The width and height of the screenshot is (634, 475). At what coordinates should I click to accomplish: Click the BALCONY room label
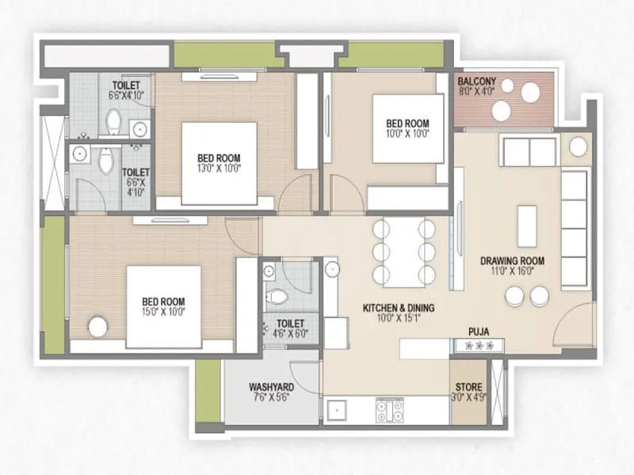477,82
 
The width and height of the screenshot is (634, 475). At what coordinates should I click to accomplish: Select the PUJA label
477,333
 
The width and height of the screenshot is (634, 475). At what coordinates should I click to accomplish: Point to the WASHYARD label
272,387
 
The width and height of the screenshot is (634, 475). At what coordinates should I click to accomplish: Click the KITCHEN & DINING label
399,308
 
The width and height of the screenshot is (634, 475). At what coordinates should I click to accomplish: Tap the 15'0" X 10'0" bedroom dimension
163,313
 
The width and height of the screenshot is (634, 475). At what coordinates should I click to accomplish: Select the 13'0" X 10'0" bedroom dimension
219,168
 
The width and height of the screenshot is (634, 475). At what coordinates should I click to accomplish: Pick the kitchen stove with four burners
389,410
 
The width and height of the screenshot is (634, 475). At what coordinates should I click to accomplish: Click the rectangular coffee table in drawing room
527,226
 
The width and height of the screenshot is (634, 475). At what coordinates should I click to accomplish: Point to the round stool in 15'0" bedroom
97,326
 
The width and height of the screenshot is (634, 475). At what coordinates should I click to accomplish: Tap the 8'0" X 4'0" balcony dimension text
477,91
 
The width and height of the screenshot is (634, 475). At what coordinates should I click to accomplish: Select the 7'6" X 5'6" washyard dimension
272,398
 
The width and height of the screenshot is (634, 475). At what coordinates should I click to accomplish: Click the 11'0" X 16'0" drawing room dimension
512,272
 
